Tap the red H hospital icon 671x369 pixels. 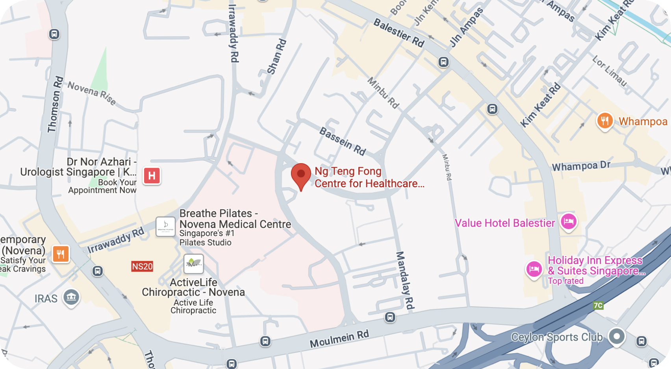tap(152, 176)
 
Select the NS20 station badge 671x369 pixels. tap(142, 266)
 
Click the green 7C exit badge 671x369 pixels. tap(598, 305)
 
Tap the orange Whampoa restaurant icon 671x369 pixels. tap(605, 121)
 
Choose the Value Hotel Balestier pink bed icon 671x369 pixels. tap(569, 221)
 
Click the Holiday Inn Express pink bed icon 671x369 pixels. tap(534, 269)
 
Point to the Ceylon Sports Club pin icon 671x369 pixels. tap(617, 337)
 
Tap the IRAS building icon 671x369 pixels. tap(71, 297)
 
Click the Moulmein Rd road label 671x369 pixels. tap(339, 339)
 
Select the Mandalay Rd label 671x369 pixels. tap(405, 280)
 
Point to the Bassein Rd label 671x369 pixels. tap(343, 141)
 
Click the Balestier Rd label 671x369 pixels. tap(399, 33)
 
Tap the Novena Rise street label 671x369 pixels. tap(92, 93)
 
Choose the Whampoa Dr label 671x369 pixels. tap(581, 166)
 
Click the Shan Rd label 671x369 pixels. tap(276, 56)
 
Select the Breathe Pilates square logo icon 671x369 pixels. tap(165, 227)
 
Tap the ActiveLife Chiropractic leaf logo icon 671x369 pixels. tap(194, 264)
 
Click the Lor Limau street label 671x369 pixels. tap(609, 71)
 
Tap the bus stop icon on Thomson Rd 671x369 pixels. tap(54, 34)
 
